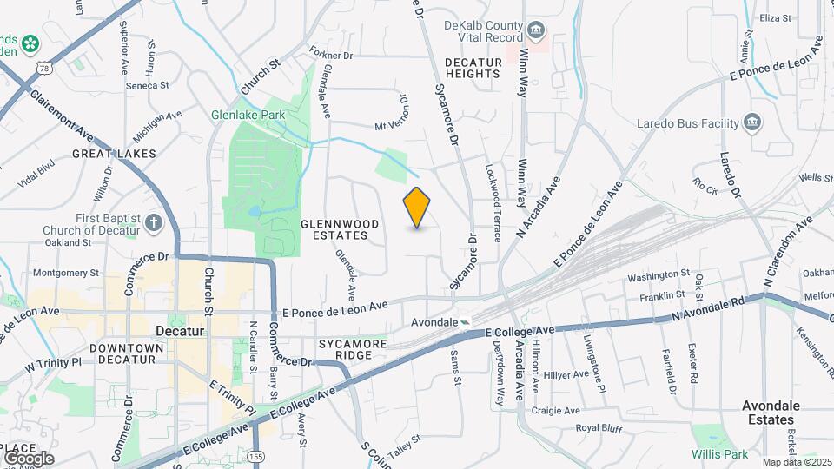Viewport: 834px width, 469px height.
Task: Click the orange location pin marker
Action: coord(417,208)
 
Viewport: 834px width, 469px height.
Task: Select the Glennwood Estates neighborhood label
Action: coord(340,229)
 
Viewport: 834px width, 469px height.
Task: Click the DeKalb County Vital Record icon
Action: coord(537,32)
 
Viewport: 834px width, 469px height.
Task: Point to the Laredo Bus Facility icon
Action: coord(752,123)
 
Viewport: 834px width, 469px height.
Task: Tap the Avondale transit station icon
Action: coord(467,322)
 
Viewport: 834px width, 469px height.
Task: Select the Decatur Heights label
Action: coord(473,68)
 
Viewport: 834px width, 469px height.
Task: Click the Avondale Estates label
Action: coord(771,413)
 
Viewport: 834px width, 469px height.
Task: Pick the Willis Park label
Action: coord(719,454)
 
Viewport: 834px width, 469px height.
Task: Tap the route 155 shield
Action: coord(256,456)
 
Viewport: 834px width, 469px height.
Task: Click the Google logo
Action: coord(29,458)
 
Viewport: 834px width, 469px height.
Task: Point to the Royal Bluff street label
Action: coord(599,428)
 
